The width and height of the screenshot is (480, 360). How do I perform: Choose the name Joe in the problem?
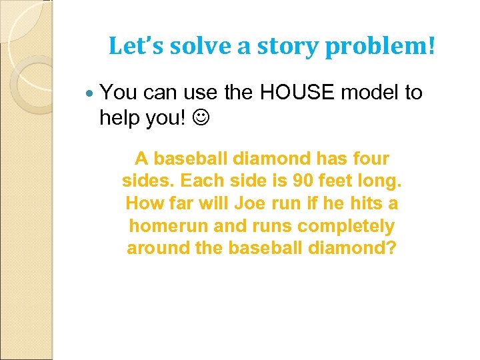coord(271,203)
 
